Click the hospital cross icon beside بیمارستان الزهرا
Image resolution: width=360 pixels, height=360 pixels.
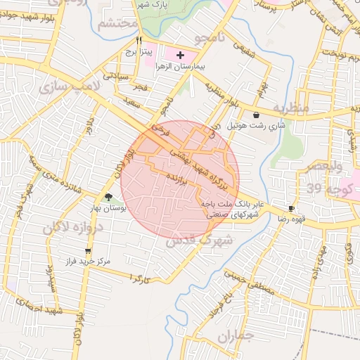point(181,54)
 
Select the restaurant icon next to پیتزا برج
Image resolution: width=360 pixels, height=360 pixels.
point(139,39)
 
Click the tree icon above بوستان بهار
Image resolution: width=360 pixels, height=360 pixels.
point(108,198)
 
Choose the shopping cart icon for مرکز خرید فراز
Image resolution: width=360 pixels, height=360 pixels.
point(88,250)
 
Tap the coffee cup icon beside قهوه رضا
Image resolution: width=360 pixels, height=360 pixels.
point(292,209)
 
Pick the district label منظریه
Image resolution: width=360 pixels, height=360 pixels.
point(290,108)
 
